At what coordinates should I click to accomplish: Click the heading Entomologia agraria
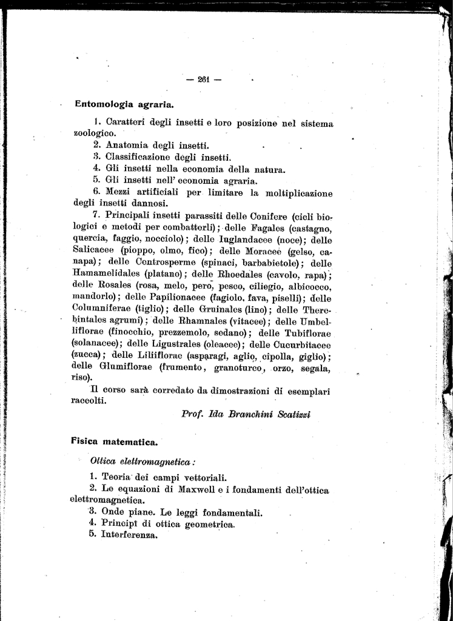124,104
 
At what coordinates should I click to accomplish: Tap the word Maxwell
200,489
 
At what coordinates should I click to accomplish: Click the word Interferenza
130,535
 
